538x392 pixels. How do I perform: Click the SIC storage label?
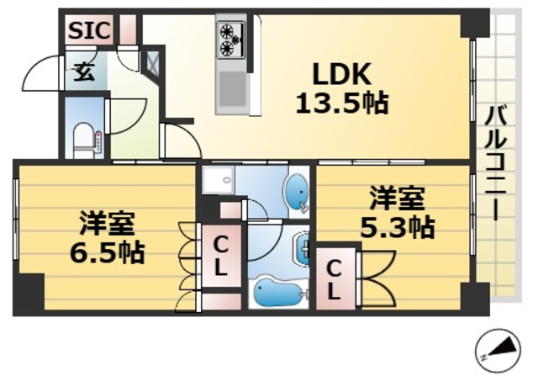pyautogui.click(x=88, y=30)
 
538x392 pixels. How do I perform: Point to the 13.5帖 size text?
pyautogui.click(x=341, y=103)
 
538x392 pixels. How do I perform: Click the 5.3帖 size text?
pyautogui.click(x=398, y=226)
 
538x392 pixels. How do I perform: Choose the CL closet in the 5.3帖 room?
pyautogui.click(x=334, y=281)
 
